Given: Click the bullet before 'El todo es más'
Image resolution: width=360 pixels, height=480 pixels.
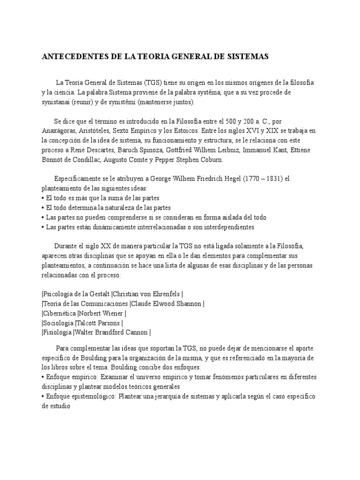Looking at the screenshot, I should [43, 198].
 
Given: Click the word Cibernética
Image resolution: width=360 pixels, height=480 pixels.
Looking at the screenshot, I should [60, 314].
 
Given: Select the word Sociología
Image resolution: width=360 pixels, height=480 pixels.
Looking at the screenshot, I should [58, 323].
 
